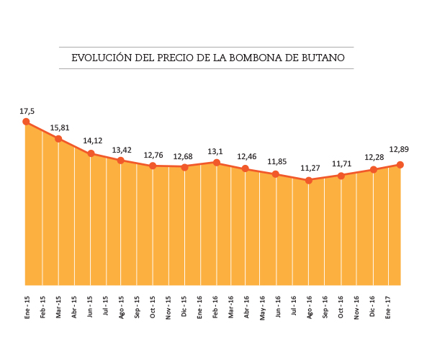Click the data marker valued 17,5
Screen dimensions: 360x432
27,122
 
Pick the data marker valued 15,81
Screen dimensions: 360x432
58,138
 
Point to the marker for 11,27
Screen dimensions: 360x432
309,180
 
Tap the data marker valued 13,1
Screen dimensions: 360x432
215,163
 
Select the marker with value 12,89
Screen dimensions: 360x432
400,165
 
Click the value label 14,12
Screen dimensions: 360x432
92,141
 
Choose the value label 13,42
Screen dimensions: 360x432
122,150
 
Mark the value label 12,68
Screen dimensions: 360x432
183,156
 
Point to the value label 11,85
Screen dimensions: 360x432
277,161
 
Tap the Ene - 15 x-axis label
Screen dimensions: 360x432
27,306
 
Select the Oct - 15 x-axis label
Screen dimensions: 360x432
153,306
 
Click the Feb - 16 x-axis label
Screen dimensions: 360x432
215,306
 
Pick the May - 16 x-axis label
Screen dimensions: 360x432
262,306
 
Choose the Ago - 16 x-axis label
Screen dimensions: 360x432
310,306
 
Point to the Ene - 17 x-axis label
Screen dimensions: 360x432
388,306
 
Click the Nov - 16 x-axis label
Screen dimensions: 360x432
356,306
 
